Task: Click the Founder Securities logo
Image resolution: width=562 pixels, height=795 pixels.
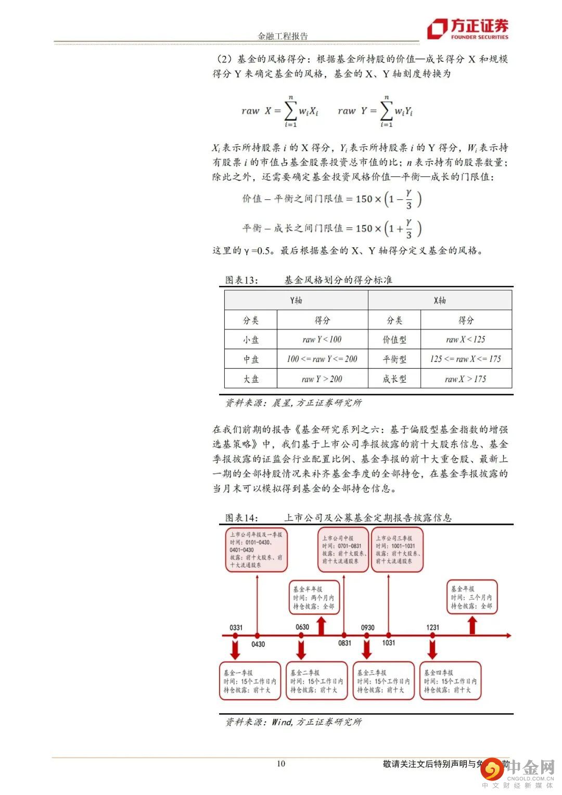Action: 467,29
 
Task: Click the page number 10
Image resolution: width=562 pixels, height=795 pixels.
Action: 281,763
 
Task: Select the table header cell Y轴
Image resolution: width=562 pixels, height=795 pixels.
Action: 296,300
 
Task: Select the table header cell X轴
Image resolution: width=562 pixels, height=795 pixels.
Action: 440,300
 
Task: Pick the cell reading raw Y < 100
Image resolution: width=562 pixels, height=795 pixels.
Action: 322,339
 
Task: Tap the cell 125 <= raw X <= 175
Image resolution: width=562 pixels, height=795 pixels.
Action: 466,359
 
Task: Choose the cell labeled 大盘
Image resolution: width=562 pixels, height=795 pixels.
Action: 251,378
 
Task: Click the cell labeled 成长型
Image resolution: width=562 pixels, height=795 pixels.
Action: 394,378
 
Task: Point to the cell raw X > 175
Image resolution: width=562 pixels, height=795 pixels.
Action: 466,378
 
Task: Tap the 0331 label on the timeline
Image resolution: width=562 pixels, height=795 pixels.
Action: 236,627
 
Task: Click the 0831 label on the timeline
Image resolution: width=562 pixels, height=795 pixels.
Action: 344,643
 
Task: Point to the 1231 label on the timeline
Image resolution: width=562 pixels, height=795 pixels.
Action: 432,627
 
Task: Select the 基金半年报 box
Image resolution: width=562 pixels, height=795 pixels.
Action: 314,598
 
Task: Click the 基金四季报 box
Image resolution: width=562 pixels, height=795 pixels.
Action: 451,681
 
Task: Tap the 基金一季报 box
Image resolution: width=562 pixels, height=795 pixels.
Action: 250,681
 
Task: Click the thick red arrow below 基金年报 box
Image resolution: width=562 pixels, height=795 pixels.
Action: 472,625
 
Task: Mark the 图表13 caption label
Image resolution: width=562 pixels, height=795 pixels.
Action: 241,280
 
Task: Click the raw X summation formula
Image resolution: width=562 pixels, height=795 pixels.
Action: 280,111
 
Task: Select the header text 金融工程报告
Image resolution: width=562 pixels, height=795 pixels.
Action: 283,36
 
